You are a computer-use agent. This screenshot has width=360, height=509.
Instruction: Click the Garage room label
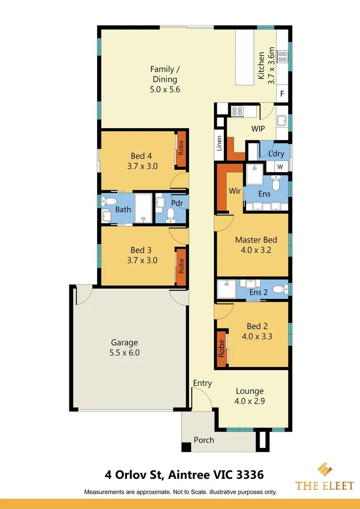[x=124, y=343]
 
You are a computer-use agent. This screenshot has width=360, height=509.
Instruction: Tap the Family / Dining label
[x=165, y=79]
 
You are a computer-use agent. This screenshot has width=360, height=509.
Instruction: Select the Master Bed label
[x=256, y=240]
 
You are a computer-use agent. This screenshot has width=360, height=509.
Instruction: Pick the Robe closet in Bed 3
[x=180, y=266]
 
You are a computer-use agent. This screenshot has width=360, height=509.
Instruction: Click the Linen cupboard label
[x=219, y=143]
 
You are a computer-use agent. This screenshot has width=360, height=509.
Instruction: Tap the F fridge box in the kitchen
[x=282, y=94]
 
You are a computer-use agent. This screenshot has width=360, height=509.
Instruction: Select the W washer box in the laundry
[x=280, y=167]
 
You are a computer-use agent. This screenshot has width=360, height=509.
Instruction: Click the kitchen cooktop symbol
[x=283, y=57]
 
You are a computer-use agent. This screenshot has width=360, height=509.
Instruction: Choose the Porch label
[x=204, y=440]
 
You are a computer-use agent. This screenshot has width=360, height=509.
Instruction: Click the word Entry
[x=203, y=383]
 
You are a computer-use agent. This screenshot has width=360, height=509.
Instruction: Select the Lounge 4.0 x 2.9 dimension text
[x=249, y=402]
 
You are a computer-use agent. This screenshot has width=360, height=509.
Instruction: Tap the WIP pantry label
[x=258, y=129]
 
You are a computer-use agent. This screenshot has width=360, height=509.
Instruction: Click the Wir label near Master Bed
[x=235, y=191]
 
